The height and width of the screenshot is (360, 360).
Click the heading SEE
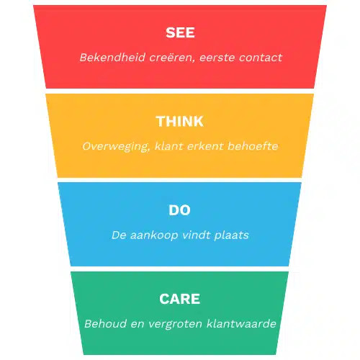[x=180, y=32]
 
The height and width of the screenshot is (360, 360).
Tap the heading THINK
[x=180, y=121]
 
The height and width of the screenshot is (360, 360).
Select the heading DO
[x=179, y=210]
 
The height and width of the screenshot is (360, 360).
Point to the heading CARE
[x=179, y=299]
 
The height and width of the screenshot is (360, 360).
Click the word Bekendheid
[x=112, y=58]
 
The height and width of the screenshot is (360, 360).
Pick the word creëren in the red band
[x=172, y=58]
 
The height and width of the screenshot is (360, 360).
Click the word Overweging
[x=116, y=147]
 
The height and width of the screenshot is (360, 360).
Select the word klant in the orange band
[x=169, y=146]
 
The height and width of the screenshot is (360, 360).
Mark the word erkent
[x=205, y=146]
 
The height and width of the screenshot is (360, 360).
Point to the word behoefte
[x=253, y=146]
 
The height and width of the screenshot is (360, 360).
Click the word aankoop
[x=154, y=235]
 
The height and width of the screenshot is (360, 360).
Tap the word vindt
[x=196, y=235]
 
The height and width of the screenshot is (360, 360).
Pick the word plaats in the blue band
[x=231, y=235]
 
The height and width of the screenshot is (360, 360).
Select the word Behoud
[x=105, y=324]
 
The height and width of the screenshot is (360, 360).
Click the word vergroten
[x=175, y=324]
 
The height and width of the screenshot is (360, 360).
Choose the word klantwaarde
[x=241, y=324]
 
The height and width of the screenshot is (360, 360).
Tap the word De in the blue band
[x=119, y=235]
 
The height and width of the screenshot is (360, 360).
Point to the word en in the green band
[x=138, y=325]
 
